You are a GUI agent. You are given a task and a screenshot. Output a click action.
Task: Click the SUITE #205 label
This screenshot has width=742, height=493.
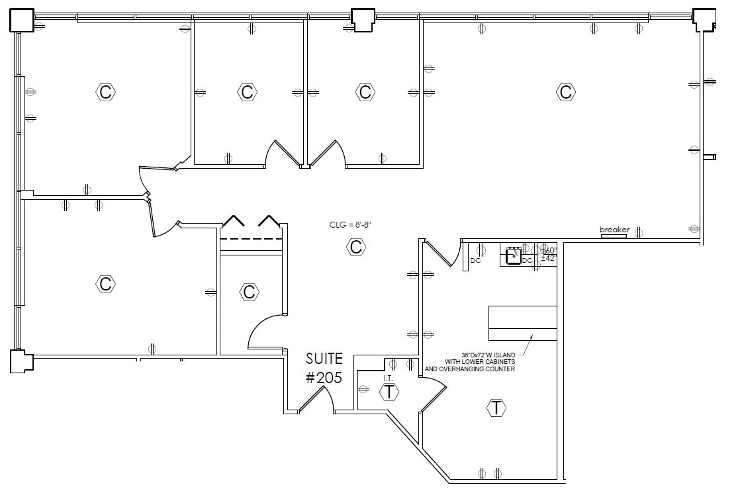tap(324, 369)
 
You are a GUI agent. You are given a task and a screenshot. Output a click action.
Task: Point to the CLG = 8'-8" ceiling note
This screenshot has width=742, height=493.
tap(350, 225)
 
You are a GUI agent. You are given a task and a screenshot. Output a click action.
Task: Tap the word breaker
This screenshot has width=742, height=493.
tap(614, 230)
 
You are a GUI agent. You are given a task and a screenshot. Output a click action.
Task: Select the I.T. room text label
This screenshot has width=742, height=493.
tap(388, 379)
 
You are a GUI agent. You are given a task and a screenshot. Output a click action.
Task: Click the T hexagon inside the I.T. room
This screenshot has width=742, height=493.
tap(389, 392)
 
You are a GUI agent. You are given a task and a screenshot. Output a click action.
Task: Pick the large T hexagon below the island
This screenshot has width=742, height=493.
tap(496, 408)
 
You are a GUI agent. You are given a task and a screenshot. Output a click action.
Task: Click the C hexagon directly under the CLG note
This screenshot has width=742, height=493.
tap(355, 247)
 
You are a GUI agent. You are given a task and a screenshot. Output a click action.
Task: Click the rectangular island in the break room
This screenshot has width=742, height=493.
tap(522, 323)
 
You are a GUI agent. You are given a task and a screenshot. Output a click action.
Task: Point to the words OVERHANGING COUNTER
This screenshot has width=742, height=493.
tap(470, 369)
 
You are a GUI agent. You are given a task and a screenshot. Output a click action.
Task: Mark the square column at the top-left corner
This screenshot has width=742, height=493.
tap(21, 20)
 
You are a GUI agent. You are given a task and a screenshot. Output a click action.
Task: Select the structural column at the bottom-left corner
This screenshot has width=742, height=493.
tap(21, 362)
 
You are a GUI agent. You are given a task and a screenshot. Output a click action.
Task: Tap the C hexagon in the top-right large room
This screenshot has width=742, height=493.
tap(565, 91)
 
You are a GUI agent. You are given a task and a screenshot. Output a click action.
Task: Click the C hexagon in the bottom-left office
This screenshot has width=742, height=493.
tap(105, 284)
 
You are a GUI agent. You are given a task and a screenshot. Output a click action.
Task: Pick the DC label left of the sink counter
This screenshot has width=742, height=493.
tap(475, 261)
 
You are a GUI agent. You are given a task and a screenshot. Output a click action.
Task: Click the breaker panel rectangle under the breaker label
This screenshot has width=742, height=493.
tap(613, 236)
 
